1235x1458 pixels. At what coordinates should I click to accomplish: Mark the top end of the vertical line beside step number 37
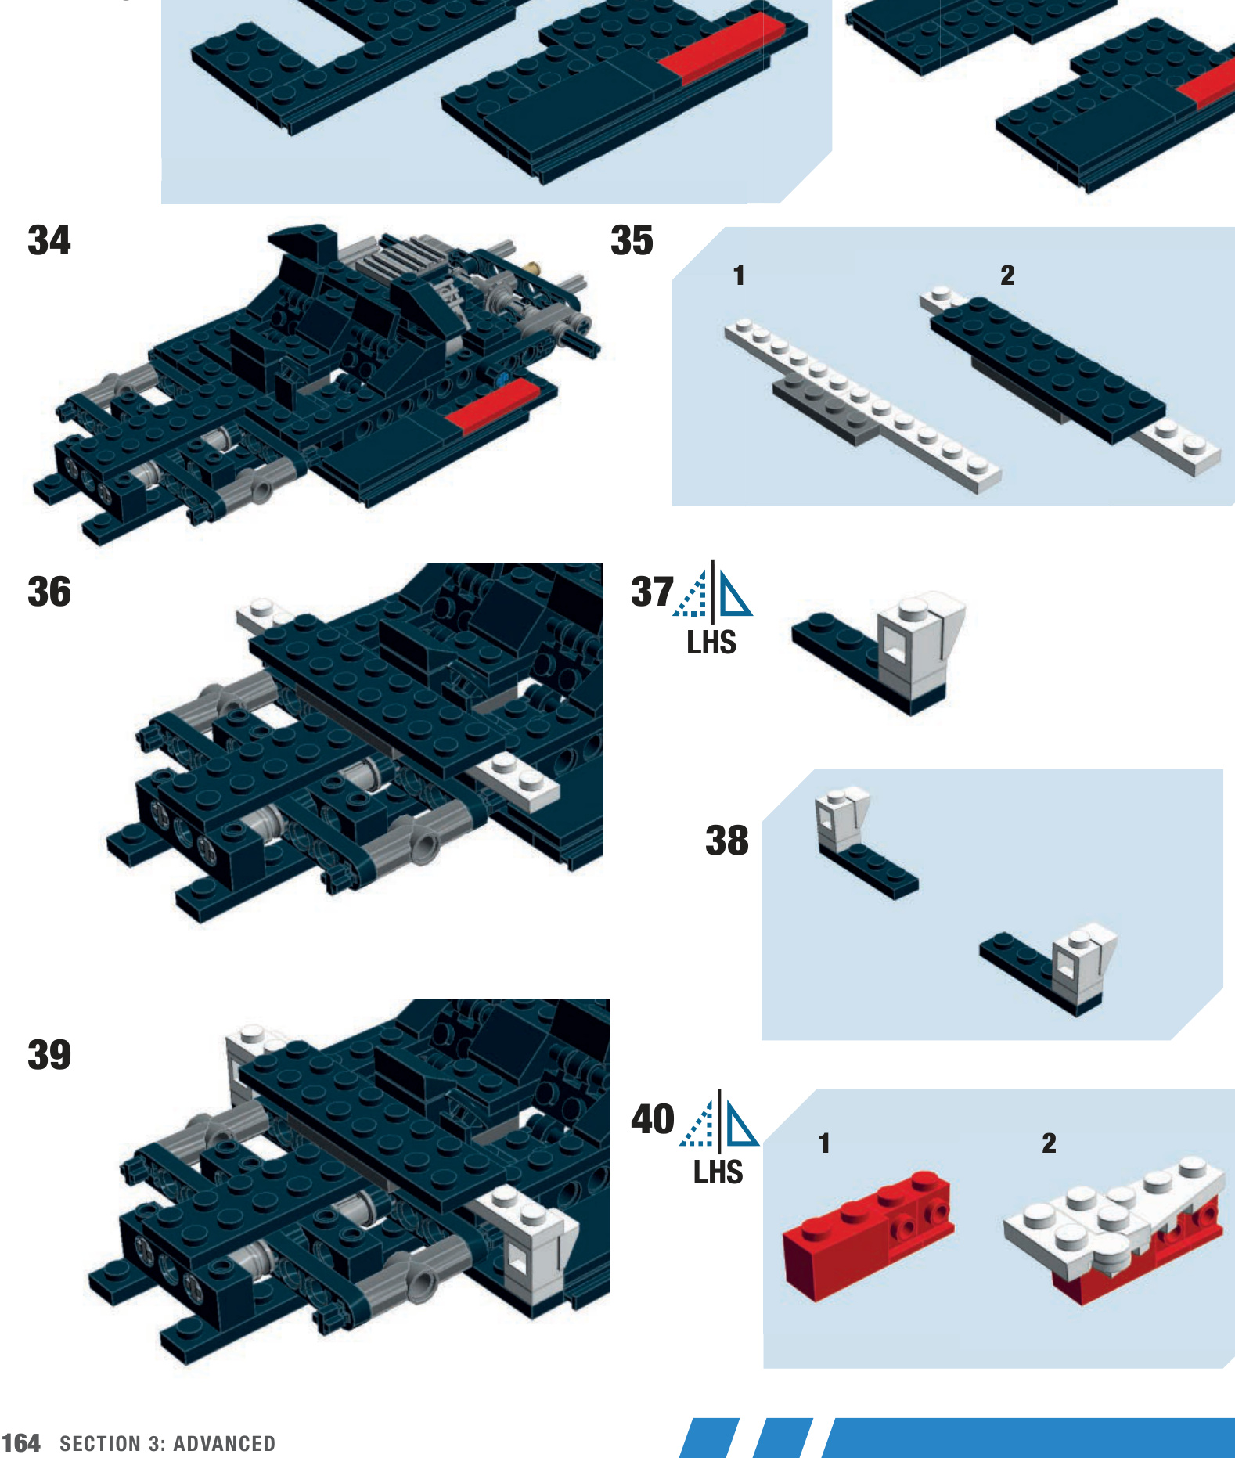tap(712, 560)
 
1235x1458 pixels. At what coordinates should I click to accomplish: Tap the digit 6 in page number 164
tap(21, 1443)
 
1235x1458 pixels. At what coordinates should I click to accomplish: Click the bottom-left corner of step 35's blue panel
tap(673, 505)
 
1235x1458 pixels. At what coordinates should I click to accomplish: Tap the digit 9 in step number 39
tap(60, 1055)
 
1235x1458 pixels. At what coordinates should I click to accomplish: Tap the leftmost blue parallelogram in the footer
tap(708, 1438)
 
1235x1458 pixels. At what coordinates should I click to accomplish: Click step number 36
tap(49, 592)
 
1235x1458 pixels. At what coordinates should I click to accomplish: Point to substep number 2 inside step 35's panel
tap(1007, 275)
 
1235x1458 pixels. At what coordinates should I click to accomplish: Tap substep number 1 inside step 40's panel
tap(823, 1143)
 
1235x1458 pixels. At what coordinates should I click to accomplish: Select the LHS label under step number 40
tap(718, 1173)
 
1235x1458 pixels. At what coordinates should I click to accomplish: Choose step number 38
tap(727, 841)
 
